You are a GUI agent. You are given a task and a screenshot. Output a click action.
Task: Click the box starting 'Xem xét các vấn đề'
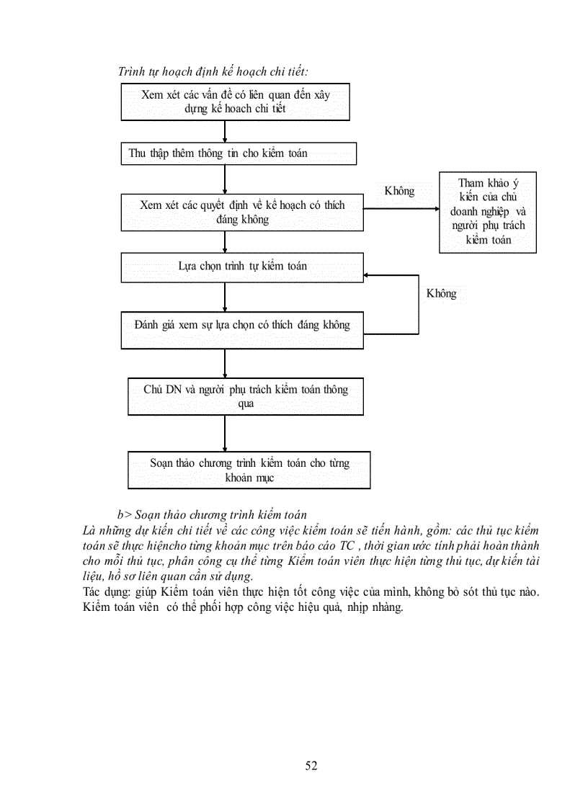coord(235,102)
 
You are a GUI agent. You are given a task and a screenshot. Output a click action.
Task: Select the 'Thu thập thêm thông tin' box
coord(238,153)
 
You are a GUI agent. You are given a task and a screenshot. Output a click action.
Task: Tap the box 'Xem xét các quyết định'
coord(242,212)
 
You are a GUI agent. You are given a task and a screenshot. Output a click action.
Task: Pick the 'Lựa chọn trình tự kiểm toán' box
coord(242,267)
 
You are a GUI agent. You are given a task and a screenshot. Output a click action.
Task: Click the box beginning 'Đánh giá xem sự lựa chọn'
coord(242,325)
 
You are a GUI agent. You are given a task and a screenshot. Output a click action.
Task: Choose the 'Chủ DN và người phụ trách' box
coord(245,396)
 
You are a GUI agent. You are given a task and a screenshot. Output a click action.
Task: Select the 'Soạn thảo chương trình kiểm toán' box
coord(249,470)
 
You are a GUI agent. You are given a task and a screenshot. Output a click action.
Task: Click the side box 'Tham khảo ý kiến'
coord(488,212)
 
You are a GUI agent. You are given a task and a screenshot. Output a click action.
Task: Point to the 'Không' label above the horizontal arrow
coord(400,191)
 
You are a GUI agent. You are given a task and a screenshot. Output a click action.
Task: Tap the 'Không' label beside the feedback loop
coord(441,294)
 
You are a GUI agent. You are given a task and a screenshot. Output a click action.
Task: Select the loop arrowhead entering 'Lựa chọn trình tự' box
coord(367,275)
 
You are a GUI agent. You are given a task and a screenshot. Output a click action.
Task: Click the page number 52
coord(311,766)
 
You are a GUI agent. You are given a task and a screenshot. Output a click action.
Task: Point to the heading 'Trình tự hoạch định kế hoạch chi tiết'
coord(213,71)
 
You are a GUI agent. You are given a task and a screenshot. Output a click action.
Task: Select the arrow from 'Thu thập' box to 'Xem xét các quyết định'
coord(226,179)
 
